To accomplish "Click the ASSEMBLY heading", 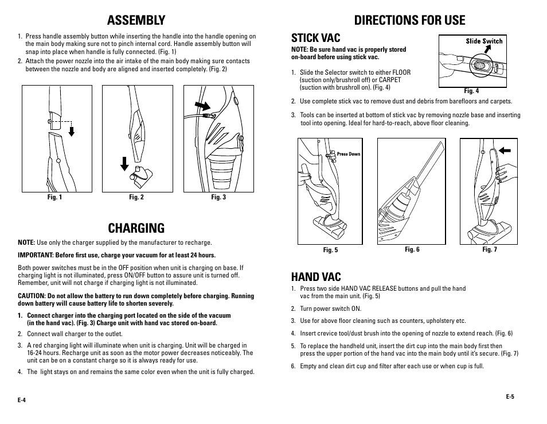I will point(136,20).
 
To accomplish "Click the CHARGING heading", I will point(136,228).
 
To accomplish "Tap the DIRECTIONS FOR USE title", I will point(409,20).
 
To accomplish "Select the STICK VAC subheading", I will point(315,38).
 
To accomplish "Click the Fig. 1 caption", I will point(54,198).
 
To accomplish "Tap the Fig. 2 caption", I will point(136,198).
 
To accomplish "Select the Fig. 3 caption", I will point(218,198).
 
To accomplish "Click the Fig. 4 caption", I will point(471,91).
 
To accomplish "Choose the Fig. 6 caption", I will point(412,250).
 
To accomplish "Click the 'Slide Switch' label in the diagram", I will point(484,41).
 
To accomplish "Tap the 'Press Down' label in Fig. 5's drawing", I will point(349,154).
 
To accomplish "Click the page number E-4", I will point(22,400).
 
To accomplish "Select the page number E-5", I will point(510,396).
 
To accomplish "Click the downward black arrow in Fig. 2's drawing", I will point(124,164).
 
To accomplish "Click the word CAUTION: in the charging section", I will point(32,296).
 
